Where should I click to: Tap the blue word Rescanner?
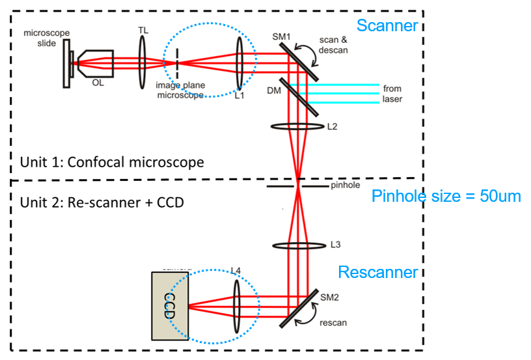(x=377, y=271)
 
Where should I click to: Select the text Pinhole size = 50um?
(x=446, y=196)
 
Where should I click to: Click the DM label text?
(x=274, y=91)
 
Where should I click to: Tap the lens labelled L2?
(x=297, y=127)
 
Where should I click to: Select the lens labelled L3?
(x=297, y=246)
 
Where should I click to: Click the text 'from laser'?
(x=392, y=94)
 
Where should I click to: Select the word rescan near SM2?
(x=334, y=322)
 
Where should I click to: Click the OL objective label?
(x=97, y=83)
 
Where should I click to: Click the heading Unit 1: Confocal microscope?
(x=112, y=161)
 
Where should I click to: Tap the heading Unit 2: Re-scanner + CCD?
(x=102, y=202)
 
